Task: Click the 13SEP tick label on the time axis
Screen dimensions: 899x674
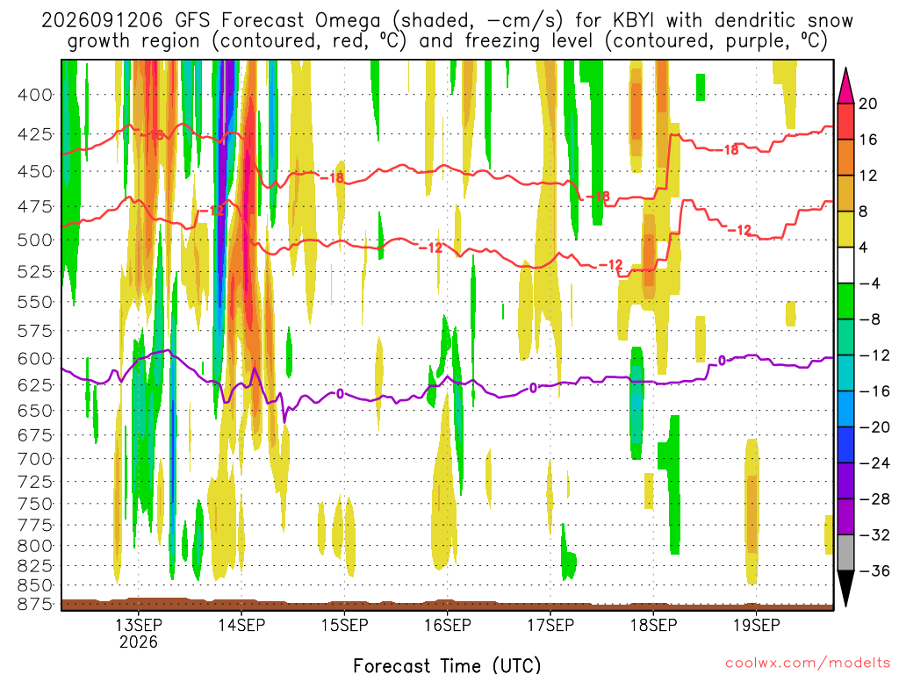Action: pyautogui.click(x=138, y=625)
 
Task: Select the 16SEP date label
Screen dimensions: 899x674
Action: pyautogui.click(x=447, y=625)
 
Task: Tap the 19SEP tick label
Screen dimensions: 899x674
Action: pyautogui.click(x=757, y=625)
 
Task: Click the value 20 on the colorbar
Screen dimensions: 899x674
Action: pyautogui.click(x=868, y=104)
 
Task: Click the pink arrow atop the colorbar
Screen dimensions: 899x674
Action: pyautogui.click(x=845, y=85)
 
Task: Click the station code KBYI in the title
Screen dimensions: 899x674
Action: pyautogui.click(x=633, y=21)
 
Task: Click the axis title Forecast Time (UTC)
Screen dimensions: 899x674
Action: pyautogui.click(x=447, y=665)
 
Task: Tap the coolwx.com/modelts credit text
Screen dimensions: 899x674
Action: pyautogui.click(x=808, y=663)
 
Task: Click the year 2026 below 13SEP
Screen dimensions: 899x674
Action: pyautogui.click(x=138, y=642)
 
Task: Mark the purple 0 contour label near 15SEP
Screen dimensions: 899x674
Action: pyautogui.click(x=340, y=394)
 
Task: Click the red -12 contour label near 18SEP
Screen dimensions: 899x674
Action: pyautogui.click(x=611, y=265)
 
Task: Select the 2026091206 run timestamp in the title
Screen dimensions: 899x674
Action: pyautogui.click(x=102, y=21)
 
